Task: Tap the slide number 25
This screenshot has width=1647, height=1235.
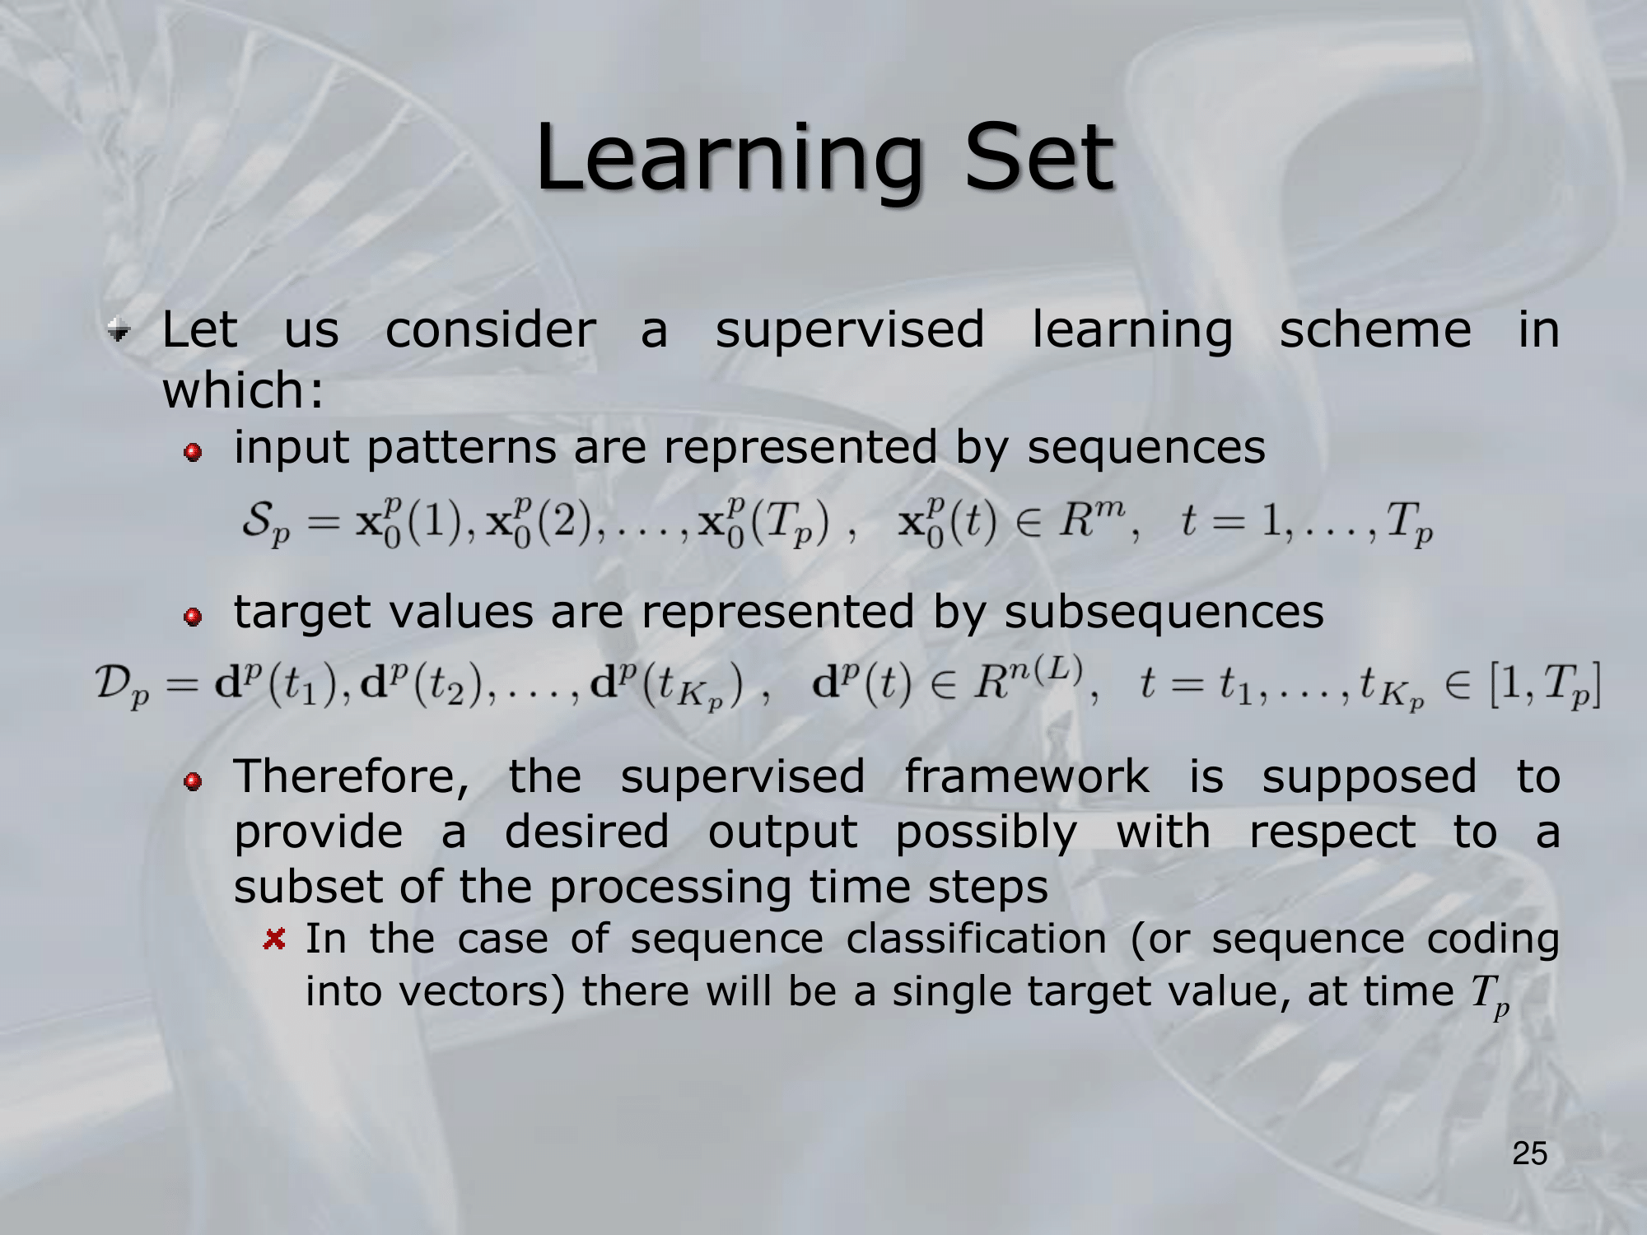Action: (x=1529, y=1153)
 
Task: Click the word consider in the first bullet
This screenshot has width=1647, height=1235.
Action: (x=491, y=330)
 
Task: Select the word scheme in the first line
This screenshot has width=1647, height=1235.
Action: (x=1374, y=330)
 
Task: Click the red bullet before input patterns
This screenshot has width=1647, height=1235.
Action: (x=193, y=453)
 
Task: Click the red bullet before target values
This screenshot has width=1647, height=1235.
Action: (x=193, y=617)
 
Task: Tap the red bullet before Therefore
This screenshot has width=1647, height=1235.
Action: (x=193, y=782)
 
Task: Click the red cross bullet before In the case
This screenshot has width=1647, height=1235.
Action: (x=274, y=939)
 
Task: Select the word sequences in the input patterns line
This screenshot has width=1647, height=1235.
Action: (x=1145, y=449)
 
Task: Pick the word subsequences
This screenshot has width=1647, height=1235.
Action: (x=1164, y=613)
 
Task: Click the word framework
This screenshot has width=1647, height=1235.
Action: (x=1026, y=778)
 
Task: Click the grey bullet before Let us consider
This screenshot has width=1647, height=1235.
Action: (x=119, y=332)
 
